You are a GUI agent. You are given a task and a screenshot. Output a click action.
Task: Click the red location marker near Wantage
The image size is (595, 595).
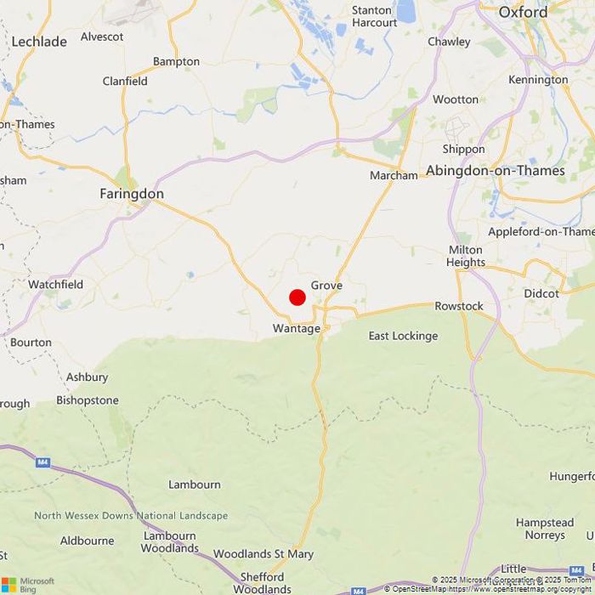pos(297,297)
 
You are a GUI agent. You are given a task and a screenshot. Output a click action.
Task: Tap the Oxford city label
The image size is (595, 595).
pos(523,12)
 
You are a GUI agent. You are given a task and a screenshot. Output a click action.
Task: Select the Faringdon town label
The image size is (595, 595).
pos(132,194)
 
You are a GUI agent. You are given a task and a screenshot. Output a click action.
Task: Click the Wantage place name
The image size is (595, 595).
pos(297,328)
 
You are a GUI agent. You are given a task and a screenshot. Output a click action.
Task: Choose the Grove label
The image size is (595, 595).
pos(326,286)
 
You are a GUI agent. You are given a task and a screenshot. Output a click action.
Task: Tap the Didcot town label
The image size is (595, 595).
pos(541,293)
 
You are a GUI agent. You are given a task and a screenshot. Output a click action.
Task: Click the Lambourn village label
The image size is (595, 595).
pos(195,484)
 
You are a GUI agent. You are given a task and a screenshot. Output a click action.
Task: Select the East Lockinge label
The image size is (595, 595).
pos(403,336)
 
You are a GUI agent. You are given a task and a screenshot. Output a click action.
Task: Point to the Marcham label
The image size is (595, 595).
pos(394,175)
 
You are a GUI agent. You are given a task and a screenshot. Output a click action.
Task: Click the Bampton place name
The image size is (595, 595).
pos(176,61)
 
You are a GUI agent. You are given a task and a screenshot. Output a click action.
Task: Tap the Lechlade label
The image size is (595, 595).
pos(39,41)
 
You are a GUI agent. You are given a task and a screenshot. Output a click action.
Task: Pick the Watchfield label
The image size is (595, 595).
pos(56,284)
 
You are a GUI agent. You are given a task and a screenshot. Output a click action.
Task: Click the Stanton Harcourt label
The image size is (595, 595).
pos(374,16)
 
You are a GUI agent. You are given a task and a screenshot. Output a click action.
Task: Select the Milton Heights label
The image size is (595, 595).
pos(466,256)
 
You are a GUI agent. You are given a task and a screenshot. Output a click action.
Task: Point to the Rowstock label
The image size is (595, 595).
pos(459,306)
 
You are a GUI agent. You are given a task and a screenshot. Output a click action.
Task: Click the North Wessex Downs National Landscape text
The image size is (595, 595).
pos(131,516)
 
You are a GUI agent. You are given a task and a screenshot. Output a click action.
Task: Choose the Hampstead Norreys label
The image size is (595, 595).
pos(545,529)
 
